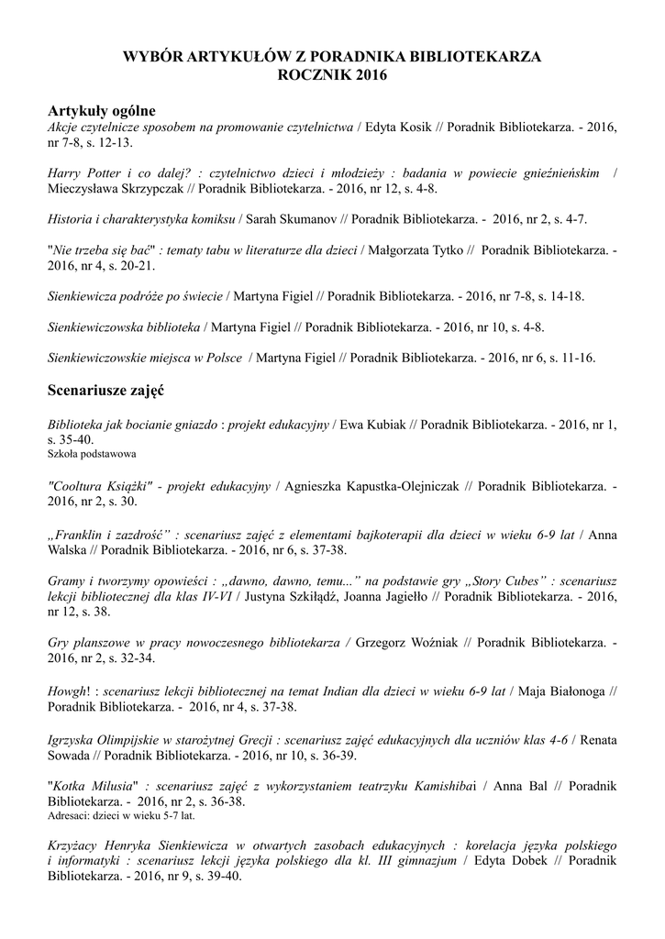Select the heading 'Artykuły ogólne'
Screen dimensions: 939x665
102,111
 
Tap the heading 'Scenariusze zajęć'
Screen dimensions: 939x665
105,390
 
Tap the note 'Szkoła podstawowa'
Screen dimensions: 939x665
91,453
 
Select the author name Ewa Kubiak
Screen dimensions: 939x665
374,425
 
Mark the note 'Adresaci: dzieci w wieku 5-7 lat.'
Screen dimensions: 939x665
121,814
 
